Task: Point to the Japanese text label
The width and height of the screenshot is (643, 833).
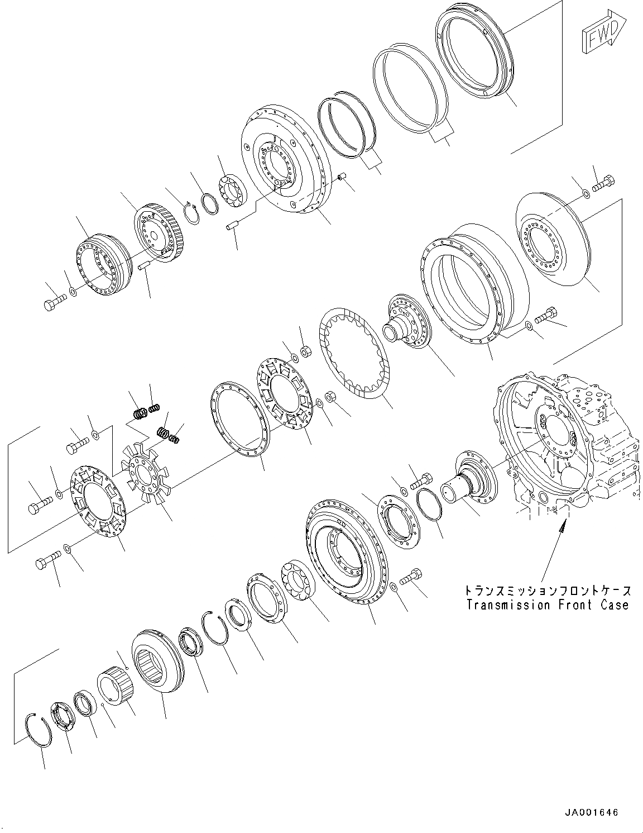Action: [547, 591]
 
